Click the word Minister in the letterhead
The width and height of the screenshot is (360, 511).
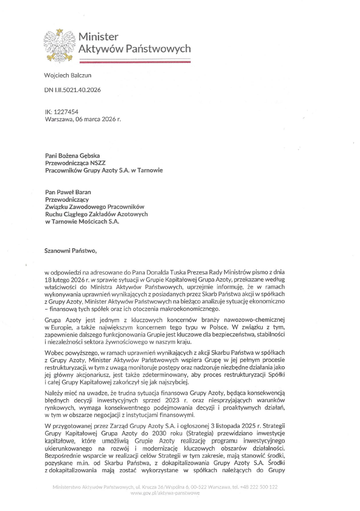click(x=98, y=37)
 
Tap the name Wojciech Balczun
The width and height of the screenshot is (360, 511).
click(x=68, y=76)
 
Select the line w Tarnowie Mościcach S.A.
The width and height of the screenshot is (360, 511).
click(x=82, y=221)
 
